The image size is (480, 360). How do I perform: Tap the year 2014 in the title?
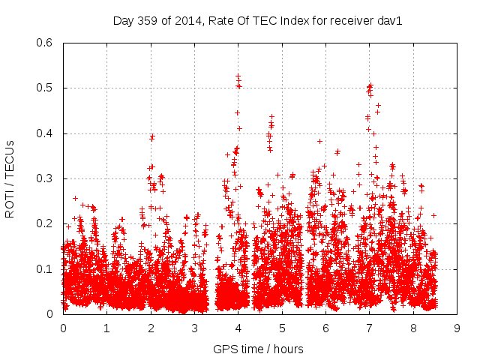184,21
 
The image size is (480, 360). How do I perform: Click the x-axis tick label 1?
106,328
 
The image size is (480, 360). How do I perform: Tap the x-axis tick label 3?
194,328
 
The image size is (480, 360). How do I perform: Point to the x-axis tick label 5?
282,328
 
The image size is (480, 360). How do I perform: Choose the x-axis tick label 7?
369,328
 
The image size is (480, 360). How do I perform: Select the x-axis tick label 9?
457,328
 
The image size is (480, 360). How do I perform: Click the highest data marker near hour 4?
238,76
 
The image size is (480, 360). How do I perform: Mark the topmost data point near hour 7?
370,85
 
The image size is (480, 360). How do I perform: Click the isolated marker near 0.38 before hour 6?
319,141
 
